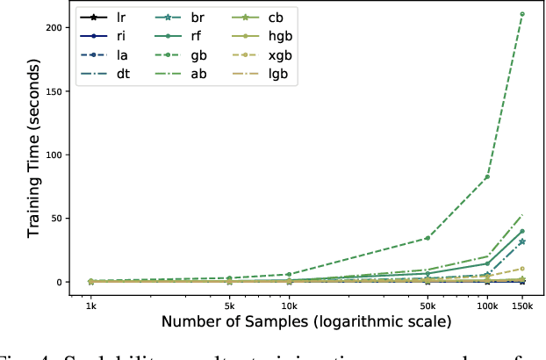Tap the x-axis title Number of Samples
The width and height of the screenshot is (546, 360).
[305, 322]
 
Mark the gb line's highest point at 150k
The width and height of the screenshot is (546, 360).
[522, 14]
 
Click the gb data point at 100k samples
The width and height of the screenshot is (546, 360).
[487, 176]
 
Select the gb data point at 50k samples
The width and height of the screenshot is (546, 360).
[427, 238]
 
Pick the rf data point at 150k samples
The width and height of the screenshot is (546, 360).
[522, 231]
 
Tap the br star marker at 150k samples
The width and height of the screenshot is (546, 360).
[522, 241]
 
